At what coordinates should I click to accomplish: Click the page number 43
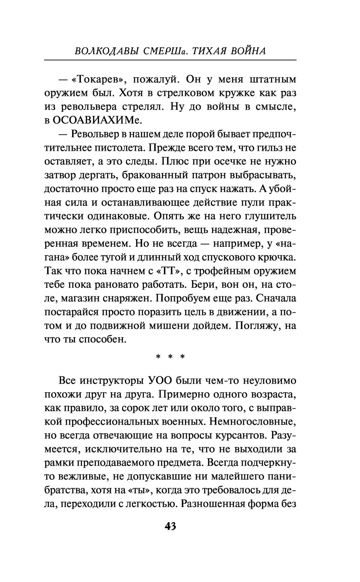coord(170,527)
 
